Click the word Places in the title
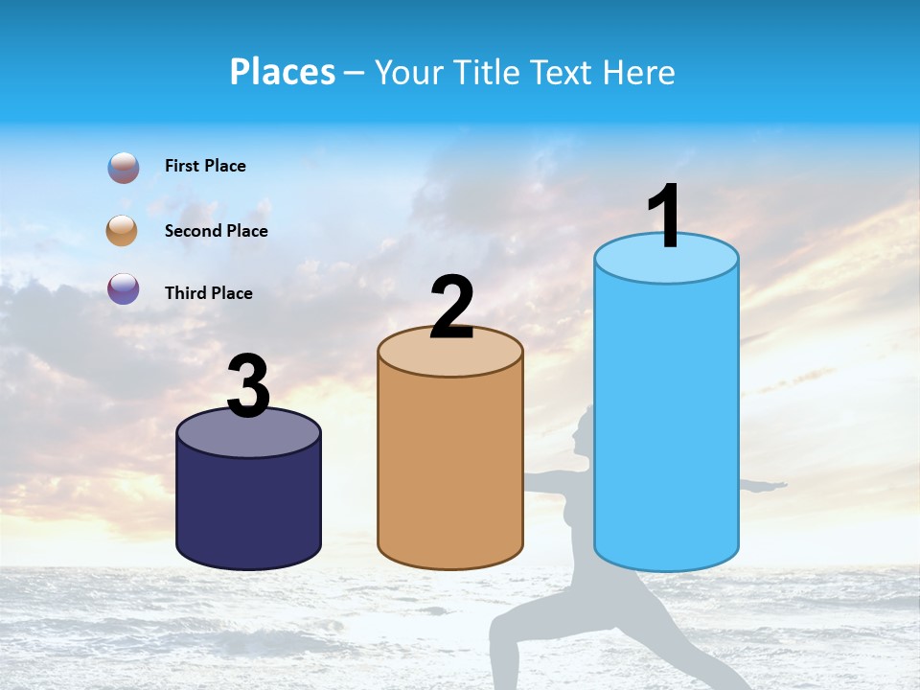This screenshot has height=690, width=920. tap(283, 72)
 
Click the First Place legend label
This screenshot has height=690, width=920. tap(205, 166)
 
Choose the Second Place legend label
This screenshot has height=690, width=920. tap(216, 231)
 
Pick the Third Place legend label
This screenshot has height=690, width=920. tap(208, 293)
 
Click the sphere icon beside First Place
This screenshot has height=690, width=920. tap(124, 168)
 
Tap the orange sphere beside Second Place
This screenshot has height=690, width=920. tap(123, 231)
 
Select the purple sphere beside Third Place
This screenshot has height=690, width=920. tap(124, 288)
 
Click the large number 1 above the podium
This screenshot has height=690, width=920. tap(665, 216)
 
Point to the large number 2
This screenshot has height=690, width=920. tap(451, 307)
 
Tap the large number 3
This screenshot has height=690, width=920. tap(248, 386)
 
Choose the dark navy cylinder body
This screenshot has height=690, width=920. tap(248, 508)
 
